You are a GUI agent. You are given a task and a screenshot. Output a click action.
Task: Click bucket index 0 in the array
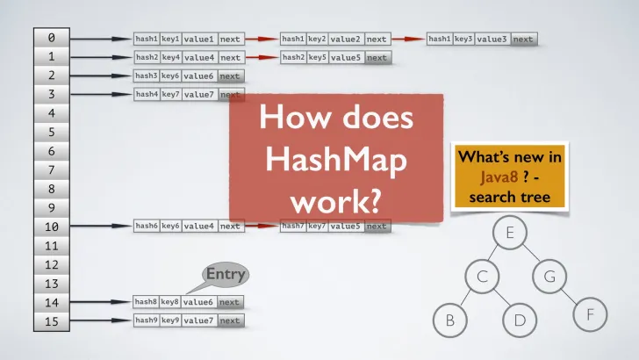(51, 38)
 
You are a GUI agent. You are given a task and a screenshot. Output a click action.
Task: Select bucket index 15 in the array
(51, 321)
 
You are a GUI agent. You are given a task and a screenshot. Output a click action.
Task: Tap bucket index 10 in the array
(51, 227)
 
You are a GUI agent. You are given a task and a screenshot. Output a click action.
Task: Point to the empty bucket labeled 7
(51, 169)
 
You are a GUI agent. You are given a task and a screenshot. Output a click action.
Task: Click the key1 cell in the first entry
(170, 39)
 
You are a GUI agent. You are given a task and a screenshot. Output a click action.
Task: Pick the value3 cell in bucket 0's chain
(492, 39)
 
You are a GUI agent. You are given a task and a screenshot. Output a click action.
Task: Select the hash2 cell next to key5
(293, 58)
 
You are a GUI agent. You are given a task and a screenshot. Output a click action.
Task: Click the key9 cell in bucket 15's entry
(170, 320)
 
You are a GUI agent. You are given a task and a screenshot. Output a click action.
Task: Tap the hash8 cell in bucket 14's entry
(146, 302)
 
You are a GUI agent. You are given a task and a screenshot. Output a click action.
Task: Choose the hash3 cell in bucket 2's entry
(146, 76)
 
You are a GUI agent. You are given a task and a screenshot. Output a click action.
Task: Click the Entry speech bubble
(224, 275)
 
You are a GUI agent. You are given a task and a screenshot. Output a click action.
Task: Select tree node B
(450, 320)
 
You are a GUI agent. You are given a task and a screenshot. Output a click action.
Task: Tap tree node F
(590, 312)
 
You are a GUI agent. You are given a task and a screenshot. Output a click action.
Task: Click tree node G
(550, 277)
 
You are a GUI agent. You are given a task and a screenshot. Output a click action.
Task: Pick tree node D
(520, 320)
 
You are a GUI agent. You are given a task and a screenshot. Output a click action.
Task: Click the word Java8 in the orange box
(492, 176)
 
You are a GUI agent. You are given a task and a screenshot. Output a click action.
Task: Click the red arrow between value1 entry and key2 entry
(261, 39)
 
